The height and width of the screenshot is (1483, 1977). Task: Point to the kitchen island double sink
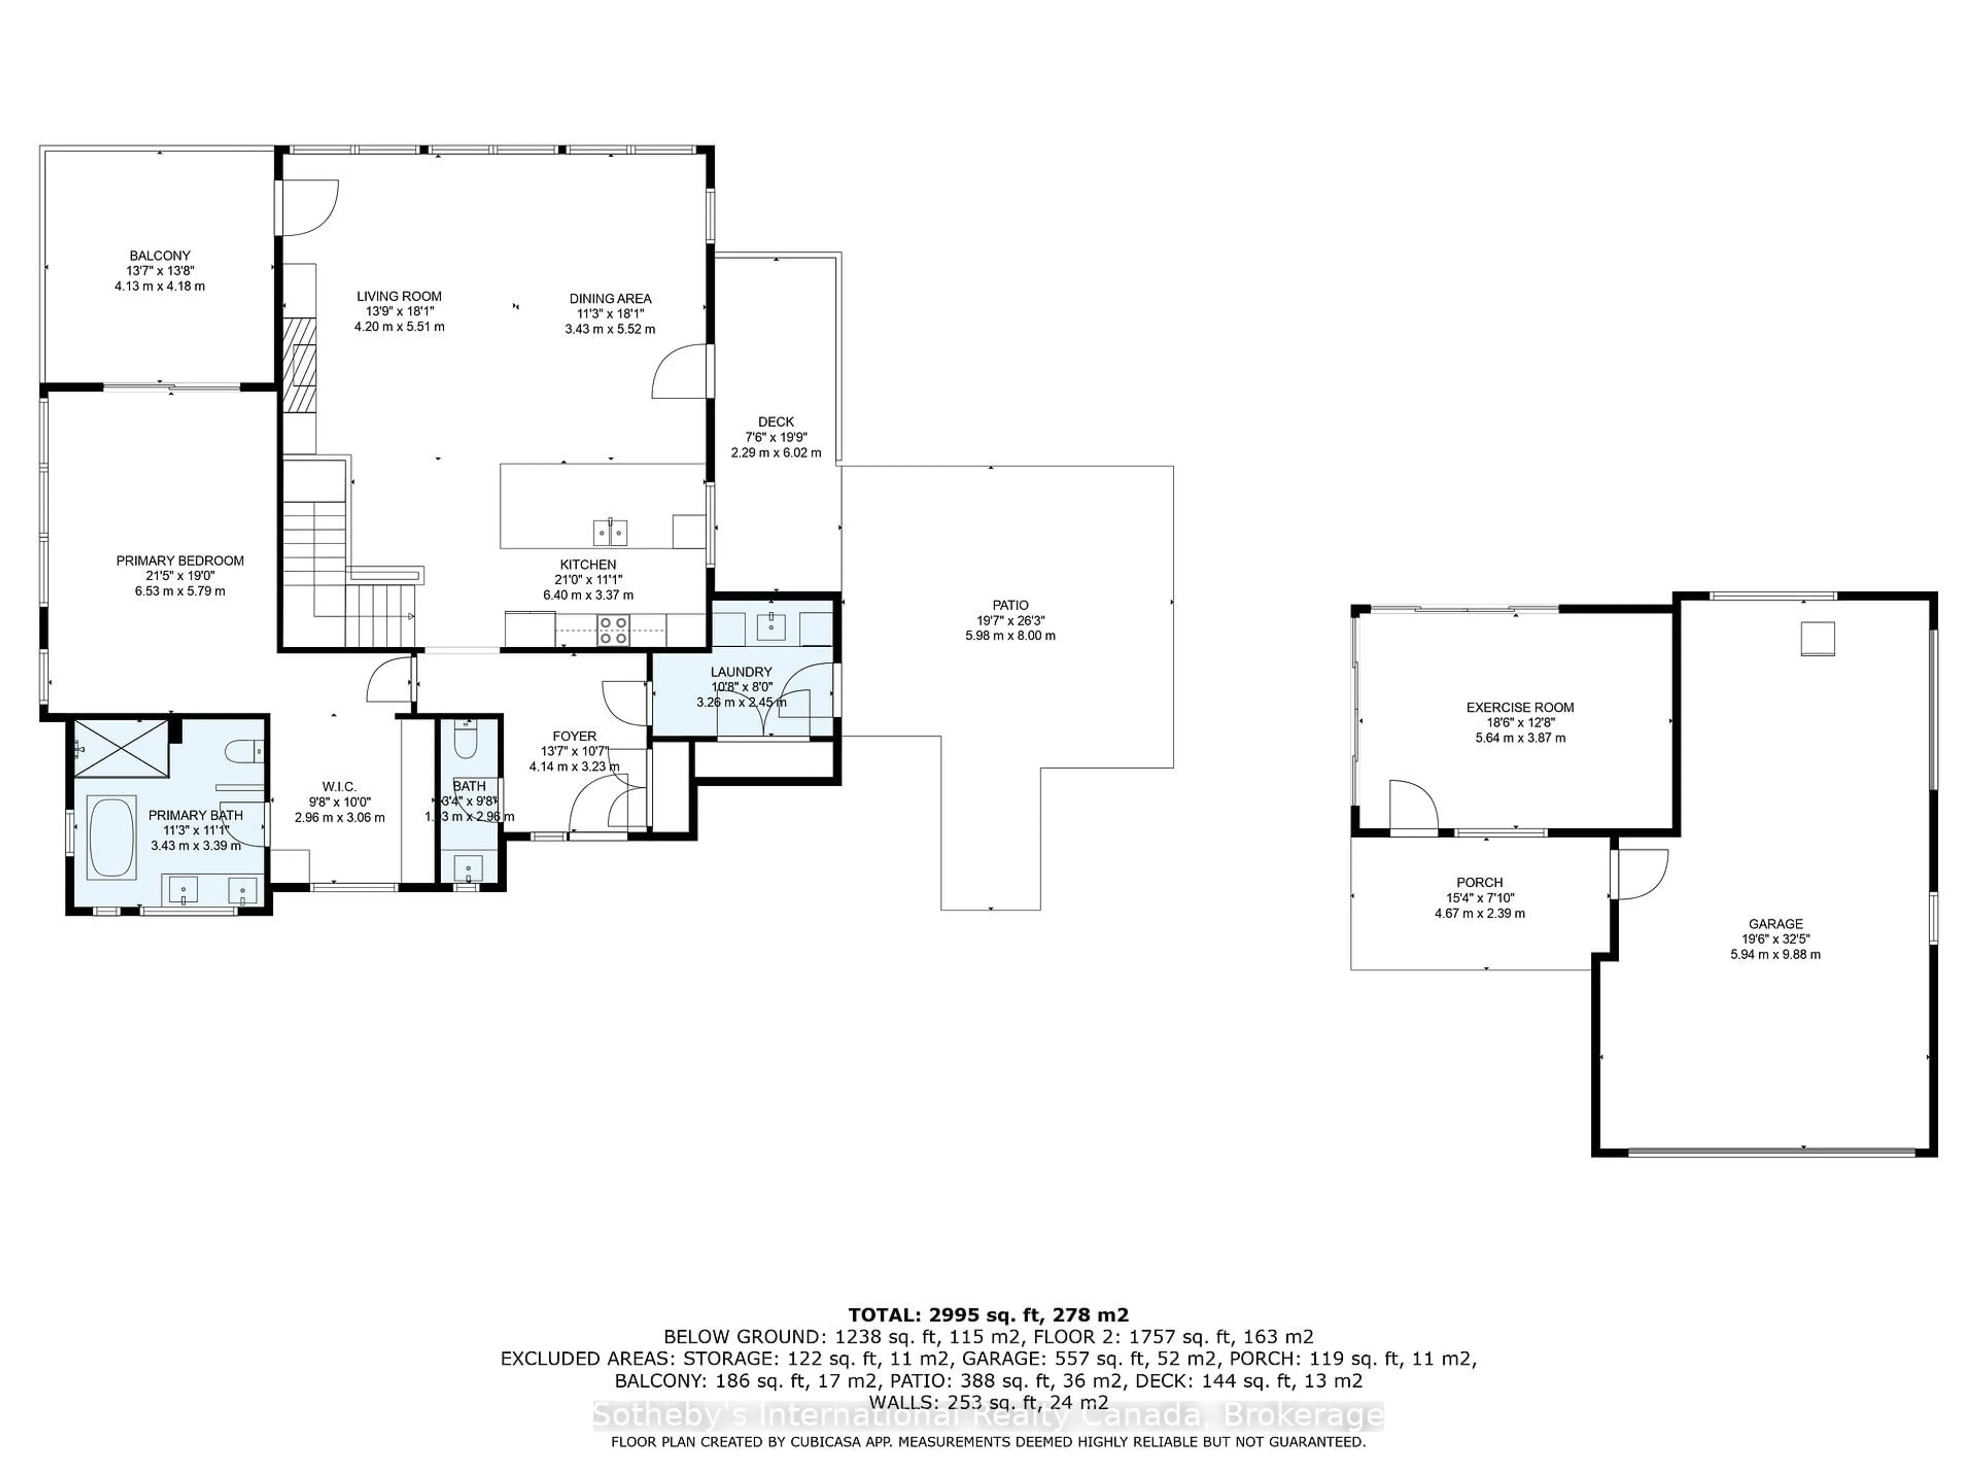(611, 533)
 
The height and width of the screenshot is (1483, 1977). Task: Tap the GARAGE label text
(1775, 923)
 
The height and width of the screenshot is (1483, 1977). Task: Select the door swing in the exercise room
(1412, 804)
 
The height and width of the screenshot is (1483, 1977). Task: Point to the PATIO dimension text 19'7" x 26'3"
(1010, 620)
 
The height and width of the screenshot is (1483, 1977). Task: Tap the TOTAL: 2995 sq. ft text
(987, 1315)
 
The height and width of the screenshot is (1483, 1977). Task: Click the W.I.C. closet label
(339, 787)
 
